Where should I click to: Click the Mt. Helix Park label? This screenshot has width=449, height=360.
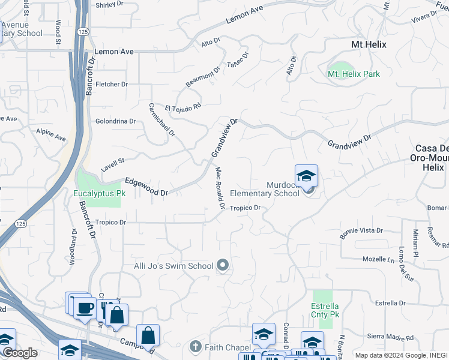pos(354,74)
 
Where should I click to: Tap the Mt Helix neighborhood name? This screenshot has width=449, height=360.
pos(369,45)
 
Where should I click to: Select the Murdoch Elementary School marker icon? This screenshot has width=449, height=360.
pos(306,176)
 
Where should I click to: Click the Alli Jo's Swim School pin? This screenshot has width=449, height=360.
pos(223,265)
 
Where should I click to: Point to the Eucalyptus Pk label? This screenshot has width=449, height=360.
pos(99,194)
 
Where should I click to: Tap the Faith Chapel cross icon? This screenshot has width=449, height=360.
pos(195,346)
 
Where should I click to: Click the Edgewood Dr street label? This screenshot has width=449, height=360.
pos(146,187)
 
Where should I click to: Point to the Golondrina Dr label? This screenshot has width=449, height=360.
pos(116,121)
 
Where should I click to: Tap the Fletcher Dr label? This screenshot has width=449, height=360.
pos(112,85)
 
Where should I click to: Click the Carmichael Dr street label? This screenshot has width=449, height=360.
pos(161,118)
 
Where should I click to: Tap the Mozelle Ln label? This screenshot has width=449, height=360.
pos(379,260)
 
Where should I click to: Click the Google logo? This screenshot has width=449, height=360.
pos(20,353)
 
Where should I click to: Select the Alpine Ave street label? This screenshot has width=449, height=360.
pos(51,134)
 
